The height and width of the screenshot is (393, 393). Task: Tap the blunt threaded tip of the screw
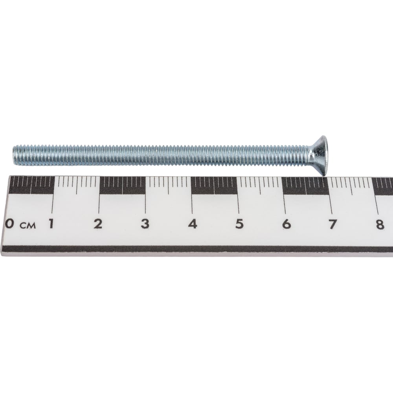pos(15,155)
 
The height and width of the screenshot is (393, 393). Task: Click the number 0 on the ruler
pos(9,224)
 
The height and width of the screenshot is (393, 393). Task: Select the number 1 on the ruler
pos(51,224)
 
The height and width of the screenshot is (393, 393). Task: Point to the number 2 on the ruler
pos(98,224)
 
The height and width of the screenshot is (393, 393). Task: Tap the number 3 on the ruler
pos(145,224)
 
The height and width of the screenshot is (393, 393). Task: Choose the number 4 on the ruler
pos(192,224)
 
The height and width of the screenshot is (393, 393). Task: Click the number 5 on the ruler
pos(239,224)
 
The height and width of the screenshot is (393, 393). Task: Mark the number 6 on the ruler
pos(286,224)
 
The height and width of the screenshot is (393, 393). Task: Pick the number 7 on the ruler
pos(332,224)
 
